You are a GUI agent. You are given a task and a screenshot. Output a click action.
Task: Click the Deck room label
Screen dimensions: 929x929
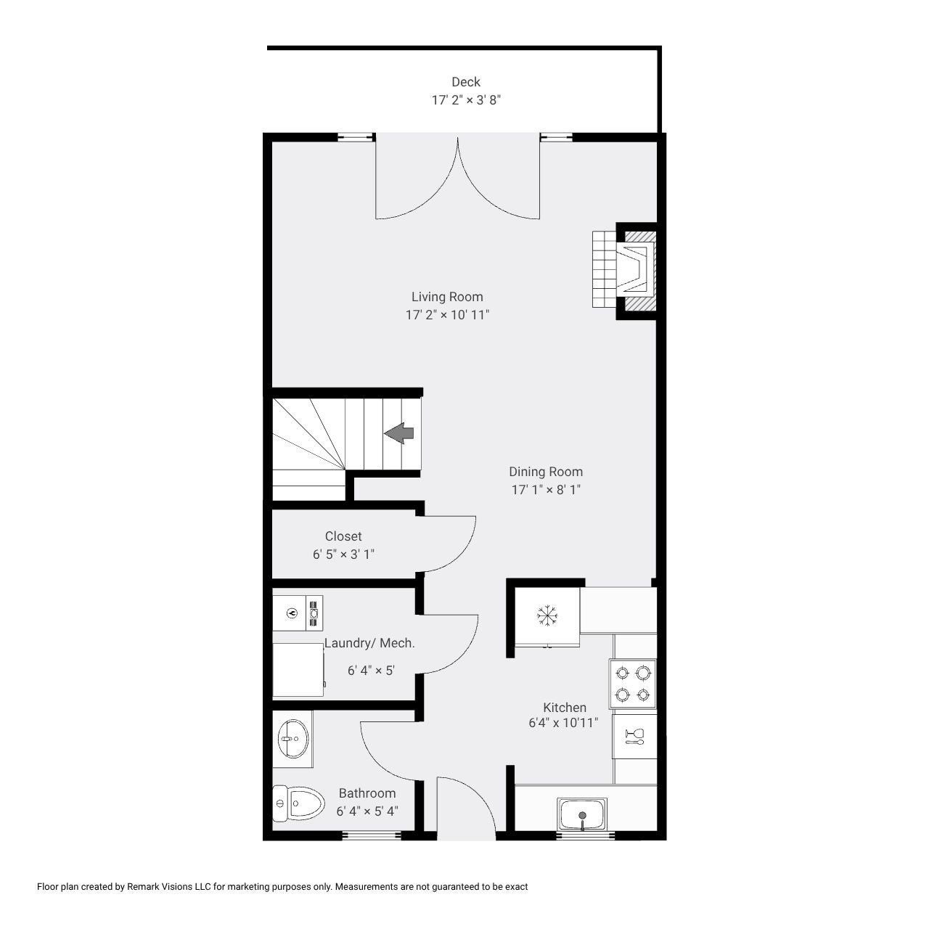(466, 82)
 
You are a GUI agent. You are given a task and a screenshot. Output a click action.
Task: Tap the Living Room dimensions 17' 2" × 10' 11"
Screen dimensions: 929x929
(447, 315)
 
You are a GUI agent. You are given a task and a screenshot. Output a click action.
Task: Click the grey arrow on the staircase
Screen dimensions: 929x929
(398, 433)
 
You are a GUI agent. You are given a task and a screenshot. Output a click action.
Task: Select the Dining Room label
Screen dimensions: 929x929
(546, 472)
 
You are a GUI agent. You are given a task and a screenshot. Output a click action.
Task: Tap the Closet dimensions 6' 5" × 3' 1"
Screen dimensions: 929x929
(343, 554)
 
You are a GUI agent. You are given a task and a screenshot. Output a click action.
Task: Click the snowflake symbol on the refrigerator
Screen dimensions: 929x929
(547, 615)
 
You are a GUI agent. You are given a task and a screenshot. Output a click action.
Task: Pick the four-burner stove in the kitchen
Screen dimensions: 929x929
(632, 684)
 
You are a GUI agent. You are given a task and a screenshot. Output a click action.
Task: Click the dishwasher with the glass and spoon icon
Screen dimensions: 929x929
(634, 736)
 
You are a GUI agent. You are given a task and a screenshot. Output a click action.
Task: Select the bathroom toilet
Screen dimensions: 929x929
(298, 803)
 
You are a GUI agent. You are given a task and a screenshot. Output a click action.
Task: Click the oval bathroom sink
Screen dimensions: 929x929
(292, 739)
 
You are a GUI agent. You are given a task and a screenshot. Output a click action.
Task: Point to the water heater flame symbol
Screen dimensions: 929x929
(291, 613)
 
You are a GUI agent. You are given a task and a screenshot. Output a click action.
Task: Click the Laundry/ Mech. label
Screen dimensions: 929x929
(369, 642)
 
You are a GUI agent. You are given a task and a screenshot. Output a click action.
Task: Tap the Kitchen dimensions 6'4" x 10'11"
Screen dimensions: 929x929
(563, 723)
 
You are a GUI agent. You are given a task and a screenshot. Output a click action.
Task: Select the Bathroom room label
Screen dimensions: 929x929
(367, 793)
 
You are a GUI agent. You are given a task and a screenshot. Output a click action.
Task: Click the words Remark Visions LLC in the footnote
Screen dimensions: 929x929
(168, 887)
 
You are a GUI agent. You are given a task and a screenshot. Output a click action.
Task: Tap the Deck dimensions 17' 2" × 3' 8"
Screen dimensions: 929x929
(466, 100)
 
